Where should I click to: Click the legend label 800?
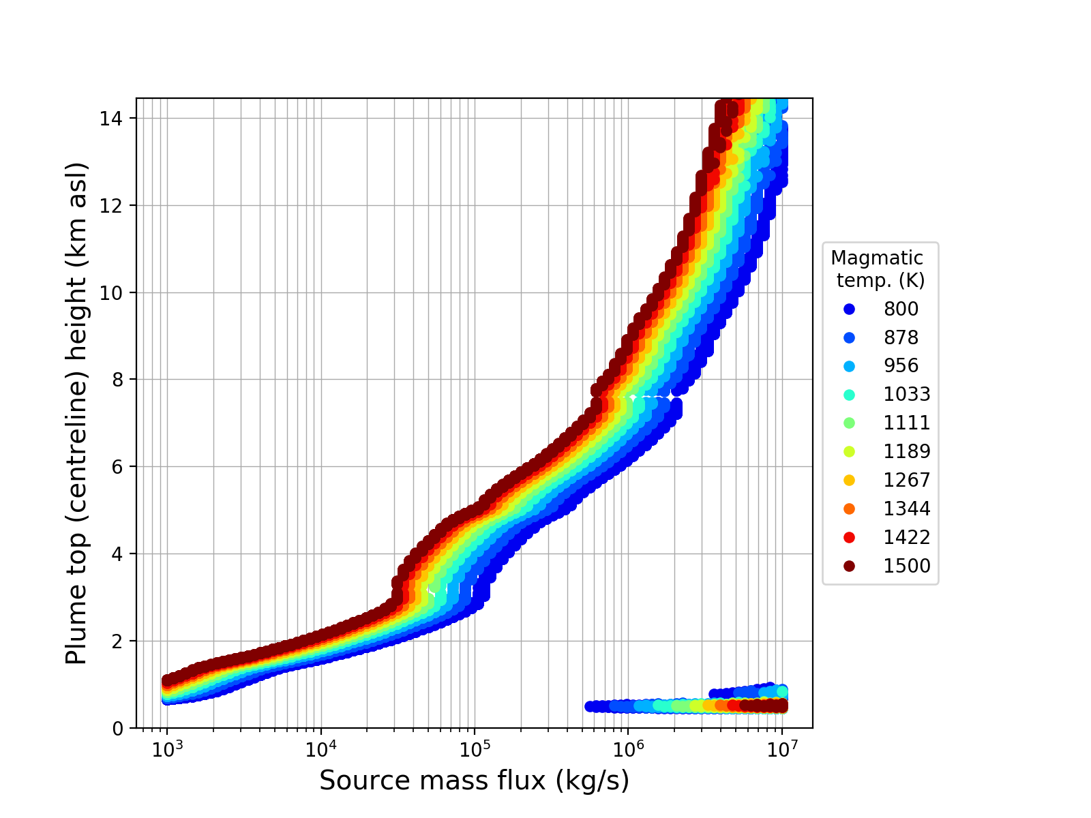(x=901, y=309)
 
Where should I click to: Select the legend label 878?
(x=901, y=338)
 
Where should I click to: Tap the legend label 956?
(x=901, y=366)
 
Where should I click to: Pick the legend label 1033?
(x=907, y=395)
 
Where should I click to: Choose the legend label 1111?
(x=907, y=423)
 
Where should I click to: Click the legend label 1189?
(x=907, y=452)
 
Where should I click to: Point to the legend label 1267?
(x=907, y=481)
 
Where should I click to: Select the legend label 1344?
(x=907, y=509)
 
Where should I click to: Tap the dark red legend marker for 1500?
(x=849, y=566)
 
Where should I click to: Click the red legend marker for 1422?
(x=849, y=538)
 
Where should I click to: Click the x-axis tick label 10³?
(x=167, y=748)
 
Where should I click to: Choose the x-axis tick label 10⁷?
(x=782, y=748)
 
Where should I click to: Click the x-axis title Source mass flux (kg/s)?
(x=474, y=781)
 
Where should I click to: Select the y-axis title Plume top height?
(x=78, y=413)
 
